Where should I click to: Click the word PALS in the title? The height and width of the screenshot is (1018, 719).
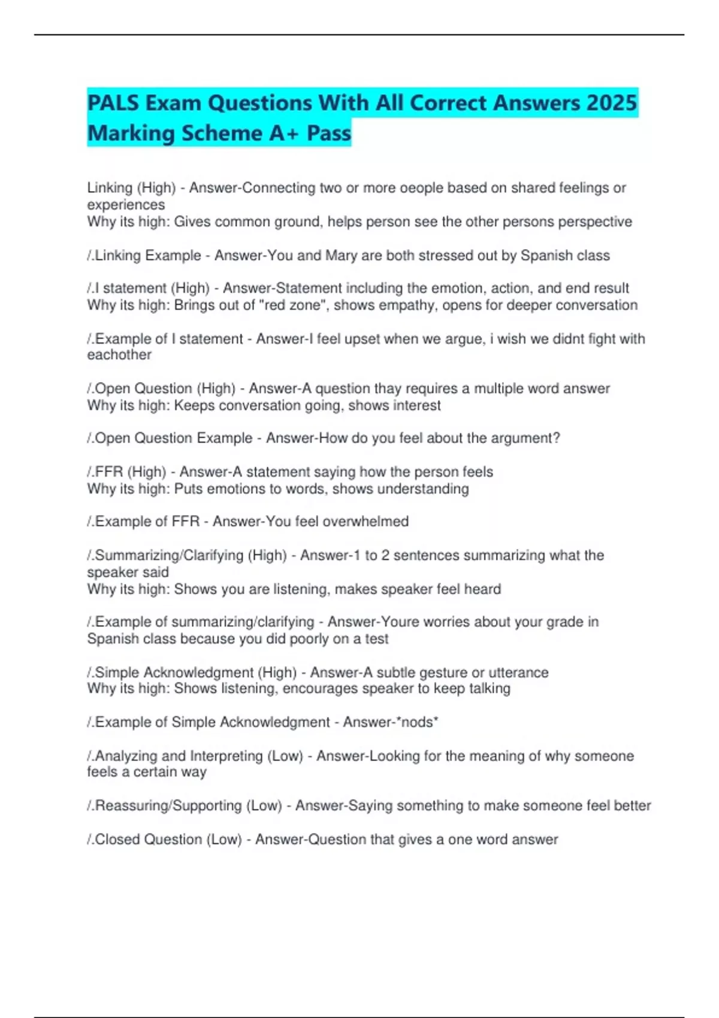tap(113, 103)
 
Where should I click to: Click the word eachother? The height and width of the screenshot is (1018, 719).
tap(119, 355)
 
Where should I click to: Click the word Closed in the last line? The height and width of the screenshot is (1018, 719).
tap(118, 840)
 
